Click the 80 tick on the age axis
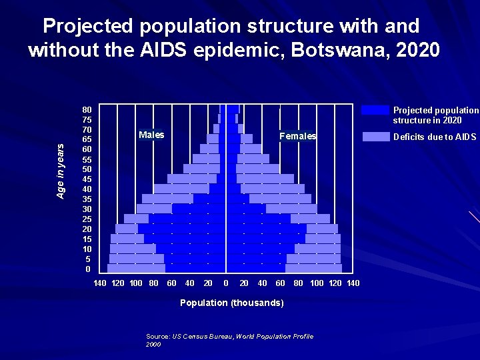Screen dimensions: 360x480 click(87, 109)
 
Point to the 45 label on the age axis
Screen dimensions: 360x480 click(87, 179)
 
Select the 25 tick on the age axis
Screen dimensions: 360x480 click(87, 219)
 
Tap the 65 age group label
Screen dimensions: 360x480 click(87, 139)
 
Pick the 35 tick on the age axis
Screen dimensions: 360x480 click(87, 199)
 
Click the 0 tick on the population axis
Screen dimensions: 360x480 click(226, 283)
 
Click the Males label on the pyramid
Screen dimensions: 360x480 click(151, 135)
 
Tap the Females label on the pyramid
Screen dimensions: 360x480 click(298, 136)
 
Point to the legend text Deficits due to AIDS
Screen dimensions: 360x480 click(435, 137)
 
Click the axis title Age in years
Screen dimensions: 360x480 click(61, 171)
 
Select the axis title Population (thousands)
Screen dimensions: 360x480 click(232, 303)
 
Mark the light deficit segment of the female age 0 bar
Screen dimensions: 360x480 click(313, 269)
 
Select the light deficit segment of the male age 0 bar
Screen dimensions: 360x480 click(136, 269)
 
